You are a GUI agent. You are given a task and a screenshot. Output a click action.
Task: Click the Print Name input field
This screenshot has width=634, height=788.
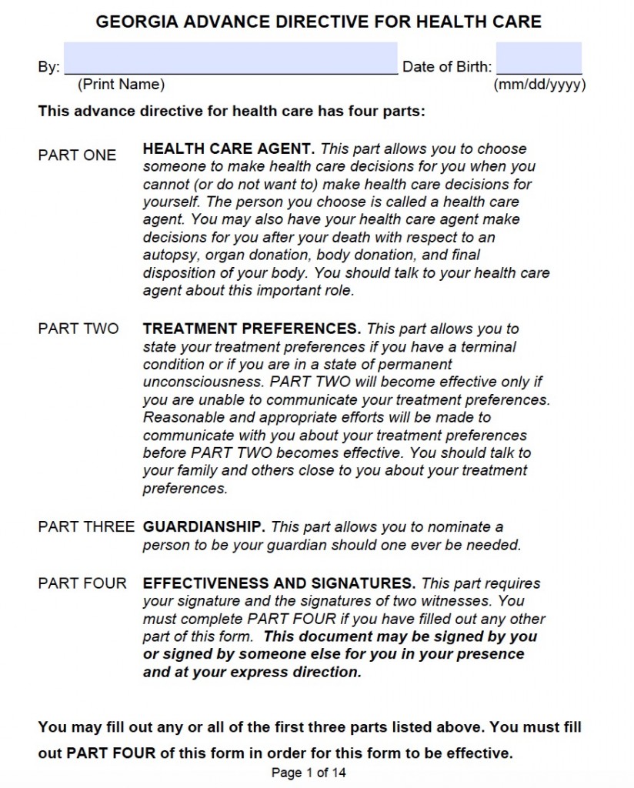tap(231, 58)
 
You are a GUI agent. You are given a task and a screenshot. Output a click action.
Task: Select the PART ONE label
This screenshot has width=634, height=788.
tap(77, 155)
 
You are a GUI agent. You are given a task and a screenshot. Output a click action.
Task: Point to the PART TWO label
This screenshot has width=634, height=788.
tap(78, 329)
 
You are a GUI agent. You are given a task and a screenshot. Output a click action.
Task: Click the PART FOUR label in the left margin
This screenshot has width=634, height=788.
tap(82, 583)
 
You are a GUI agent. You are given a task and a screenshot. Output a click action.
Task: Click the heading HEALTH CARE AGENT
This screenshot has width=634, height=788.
tap(229, 149)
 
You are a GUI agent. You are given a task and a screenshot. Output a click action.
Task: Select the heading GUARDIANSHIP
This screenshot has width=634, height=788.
tap(204, 527)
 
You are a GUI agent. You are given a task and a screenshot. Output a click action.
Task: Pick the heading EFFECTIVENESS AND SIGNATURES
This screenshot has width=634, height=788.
tap(279, 583)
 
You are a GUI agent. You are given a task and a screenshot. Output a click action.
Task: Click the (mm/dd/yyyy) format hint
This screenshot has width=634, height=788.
tap(539, 85)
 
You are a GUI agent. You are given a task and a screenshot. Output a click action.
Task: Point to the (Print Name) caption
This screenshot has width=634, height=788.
tap(121, 85)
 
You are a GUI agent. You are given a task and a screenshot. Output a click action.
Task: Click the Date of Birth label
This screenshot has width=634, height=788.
tap(446, 67)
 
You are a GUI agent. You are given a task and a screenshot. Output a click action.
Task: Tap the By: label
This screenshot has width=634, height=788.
tap(48, 67)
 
